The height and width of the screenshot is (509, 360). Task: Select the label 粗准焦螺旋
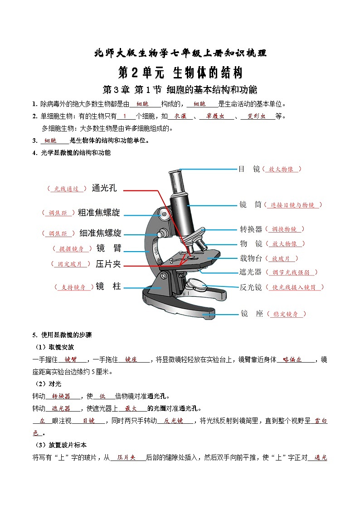click(99, 213)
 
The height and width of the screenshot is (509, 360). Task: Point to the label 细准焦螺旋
click(100, 233)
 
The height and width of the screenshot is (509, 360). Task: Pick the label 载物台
click(251, 258)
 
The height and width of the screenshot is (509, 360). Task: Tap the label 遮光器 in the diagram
click(251, 272)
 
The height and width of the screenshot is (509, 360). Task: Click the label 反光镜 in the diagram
click(251, 287)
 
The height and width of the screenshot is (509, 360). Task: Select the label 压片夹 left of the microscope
click(108, 263)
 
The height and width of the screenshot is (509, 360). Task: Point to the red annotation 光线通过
click(66, 189)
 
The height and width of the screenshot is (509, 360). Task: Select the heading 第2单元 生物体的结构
click(180, 73)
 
